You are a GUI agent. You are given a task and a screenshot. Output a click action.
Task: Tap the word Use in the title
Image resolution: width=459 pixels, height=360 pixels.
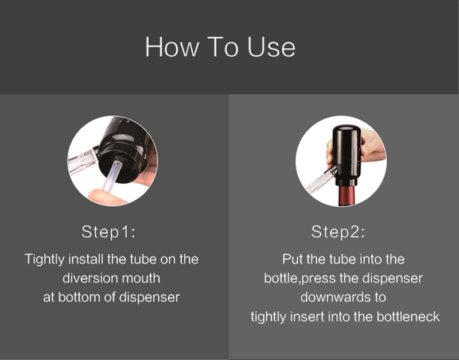click(271, 47)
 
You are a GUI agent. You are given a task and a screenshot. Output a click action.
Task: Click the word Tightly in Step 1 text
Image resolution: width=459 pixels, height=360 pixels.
click(44, 259)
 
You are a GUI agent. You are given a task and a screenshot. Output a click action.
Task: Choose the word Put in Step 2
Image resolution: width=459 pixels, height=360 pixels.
click(293, 259)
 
